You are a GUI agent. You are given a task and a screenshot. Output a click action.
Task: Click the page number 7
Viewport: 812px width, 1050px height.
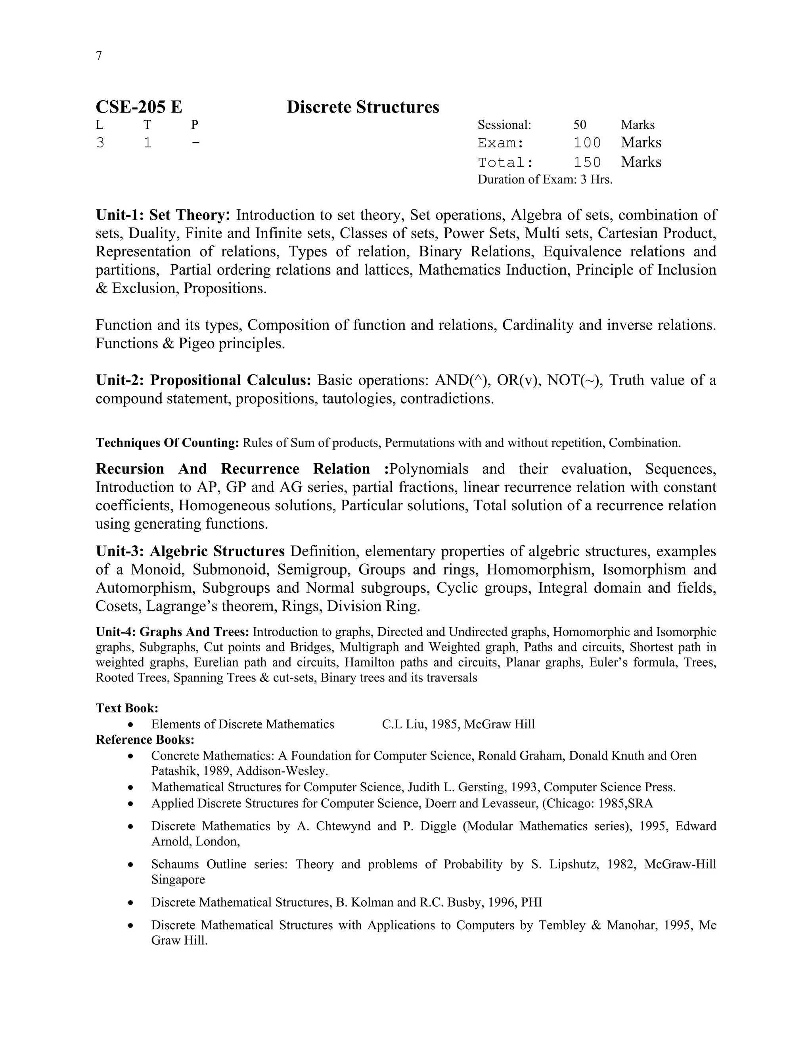pos(99,56)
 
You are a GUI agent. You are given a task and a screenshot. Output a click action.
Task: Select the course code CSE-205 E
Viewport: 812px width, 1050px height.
pos(139,107)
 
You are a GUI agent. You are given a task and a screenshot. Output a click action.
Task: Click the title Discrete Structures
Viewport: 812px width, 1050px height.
pos(363,107)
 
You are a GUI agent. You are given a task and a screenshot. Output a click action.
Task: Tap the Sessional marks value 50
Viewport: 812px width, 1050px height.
pos(580,125)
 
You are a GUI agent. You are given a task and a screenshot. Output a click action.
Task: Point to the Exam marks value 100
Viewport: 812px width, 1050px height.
pos(587,143)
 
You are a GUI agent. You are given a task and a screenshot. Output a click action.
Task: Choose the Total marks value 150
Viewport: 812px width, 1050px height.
pos(587,162)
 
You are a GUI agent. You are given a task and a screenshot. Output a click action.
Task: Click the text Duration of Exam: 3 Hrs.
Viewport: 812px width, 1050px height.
pos(544,180)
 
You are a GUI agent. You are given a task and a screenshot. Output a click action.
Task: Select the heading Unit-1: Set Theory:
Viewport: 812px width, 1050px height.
pos(163,215)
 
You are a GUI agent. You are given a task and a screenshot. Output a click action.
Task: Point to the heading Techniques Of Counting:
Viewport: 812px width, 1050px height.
pos(167,443)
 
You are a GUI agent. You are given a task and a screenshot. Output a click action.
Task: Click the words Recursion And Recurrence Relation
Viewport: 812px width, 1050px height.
pos(233,469)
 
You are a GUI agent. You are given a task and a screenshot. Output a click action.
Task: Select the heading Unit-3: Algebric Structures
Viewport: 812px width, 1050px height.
pos(190,551)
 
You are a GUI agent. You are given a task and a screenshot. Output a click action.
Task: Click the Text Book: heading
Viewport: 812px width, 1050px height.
pos(127,708)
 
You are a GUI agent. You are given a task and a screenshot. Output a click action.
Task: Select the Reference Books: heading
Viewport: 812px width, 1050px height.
pos(145,739)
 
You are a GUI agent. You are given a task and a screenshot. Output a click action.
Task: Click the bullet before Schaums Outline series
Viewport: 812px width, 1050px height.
pos(130,865)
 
